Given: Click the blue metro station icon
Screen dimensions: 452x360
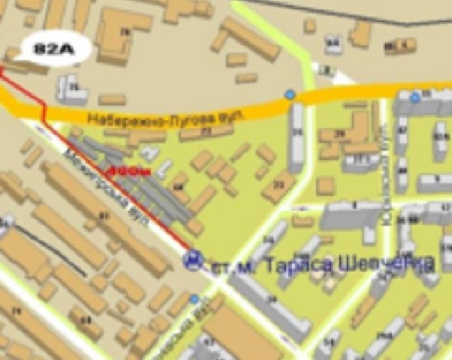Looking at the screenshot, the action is point(193,261).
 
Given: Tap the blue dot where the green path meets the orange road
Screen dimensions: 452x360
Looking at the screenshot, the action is point(290,96).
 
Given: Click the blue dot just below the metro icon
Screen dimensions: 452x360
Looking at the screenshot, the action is point(194,299).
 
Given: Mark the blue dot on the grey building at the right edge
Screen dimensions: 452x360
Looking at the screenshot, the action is point(415,98).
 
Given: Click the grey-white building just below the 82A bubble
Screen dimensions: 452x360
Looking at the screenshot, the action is point(71,90).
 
